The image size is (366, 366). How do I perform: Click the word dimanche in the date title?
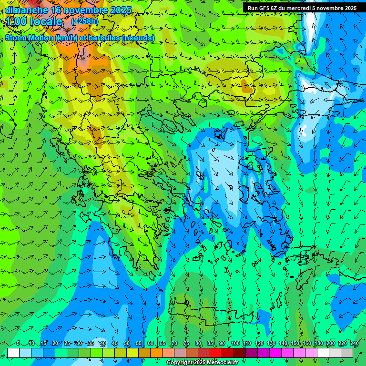[x=26, y=10]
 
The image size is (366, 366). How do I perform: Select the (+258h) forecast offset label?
[x=85, y=21]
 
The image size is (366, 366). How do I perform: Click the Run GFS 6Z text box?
[x=302, y=8]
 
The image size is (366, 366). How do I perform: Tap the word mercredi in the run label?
[x=300, y=8]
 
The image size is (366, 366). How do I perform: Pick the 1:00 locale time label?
[x=34, y=21]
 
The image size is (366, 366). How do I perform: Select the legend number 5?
[x=18, y=343]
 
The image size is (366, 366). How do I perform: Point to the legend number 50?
[x=127, y=343]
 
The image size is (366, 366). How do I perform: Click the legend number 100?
[x=235, y=343]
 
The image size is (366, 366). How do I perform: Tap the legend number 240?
[x=355, y=343]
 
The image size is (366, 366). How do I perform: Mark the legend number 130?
[x=271, y=343]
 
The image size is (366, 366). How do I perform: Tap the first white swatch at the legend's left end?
[x=13, y=353]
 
